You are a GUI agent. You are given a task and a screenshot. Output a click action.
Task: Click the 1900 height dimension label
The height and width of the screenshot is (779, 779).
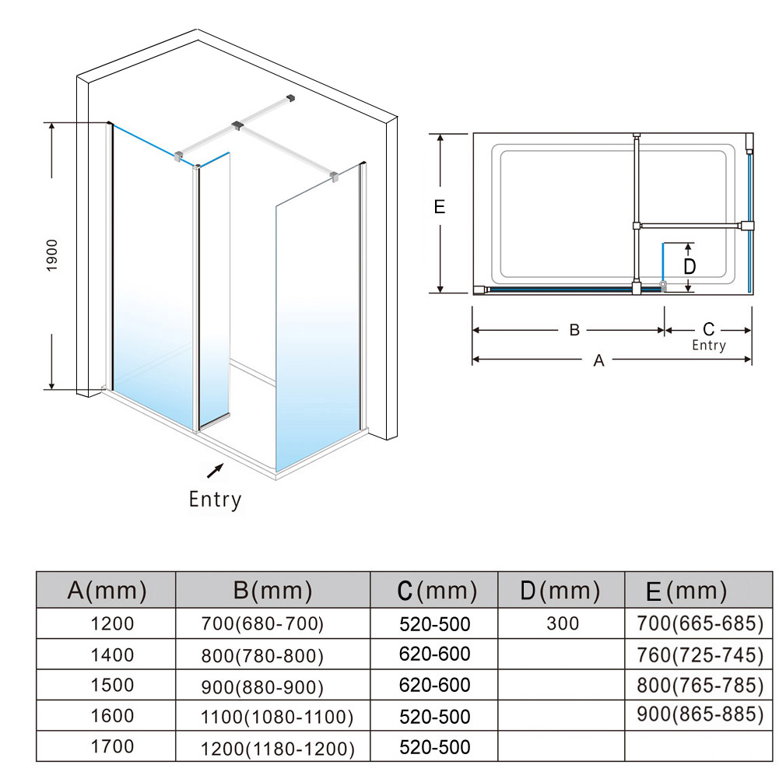pos(52,255)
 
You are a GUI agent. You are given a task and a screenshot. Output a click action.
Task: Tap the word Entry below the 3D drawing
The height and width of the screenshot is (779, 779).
pos(215,500)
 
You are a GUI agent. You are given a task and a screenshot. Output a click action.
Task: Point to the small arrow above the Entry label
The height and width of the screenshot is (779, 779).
pos(215,471)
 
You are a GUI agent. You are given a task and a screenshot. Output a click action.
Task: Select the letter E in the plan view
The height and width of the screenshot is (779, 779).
pos(440,207)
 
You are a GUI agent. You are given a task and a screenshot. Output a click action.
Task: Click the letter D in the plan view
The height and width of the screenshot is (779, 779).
pos(690,267)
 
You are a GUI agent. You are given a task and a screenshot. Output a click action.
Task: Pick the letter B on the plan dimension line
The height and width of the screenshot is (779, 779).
pos(574,330)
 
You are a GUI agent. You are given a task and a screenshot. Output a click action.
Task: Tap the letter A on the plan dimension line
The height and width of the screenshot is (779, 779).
pos(598,360)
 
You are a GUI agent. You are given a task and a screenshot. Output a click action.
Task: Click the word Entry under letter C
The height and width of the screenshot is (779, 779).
pos(709,346)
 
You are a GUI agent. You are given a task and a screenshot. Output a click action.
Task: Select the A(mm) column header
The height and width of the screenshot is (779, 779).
pos(107,590)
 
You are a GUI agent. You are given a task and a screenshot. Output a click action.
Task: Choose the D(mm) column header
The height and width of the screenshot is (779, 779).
pos(560,590)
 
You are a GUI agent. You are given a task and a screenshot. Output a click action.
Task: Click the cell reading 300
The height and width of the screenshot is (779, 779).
pos(563,623)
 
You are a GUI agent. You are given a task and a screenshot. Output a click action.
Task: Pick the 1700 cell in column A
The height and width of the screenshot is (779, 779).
pos(112,746)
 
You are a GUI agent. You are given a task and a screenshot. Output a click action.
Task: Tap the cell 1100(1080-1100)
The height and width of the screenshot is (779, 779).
pos(277,717)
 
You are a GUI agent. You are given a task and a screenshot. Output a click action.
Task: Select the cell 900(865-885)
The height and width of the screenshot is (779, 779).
pos(700,714)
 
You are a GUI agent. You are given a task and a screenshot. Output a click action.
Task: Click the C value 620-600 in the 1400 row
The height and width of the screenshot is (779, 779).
pos(435,654)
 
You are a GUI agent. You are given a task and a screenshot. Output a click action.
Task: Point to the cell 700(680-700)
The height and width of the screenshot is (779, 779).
pos(262,623)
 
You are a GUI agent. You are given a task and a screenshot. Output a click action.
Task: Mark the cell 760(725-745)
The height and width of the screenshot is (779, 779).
pos(700,655)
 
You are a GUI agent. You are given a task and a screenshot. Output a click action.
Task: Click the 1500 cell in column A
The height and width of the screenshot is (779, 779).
pos(112,685)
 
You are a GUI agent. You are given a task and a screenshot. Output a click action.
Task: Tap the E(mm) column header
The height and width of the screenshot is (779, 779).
pos(686,591)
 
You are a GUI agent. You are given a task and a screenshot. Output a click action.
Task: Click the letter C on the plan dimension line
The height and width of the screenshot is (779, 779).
pos(709,329)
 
